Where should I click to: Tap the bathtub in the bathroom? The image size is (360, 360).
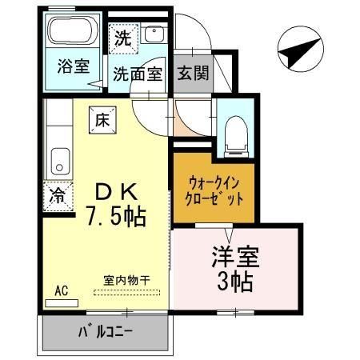point(72,34)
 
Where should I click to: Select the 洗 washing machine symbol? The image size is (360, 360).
point(123,37)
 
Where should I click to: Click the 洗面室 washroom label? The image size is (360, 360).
point(137,74)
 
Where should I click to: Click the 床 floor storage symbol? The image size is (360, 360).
point(103,120)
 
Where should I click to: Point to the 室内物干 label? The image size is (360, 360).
point(127,281)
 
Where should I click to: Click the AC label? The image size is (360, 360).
point(61,291)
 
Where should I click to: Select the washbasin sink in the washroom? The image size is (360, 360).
point(155,35)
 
